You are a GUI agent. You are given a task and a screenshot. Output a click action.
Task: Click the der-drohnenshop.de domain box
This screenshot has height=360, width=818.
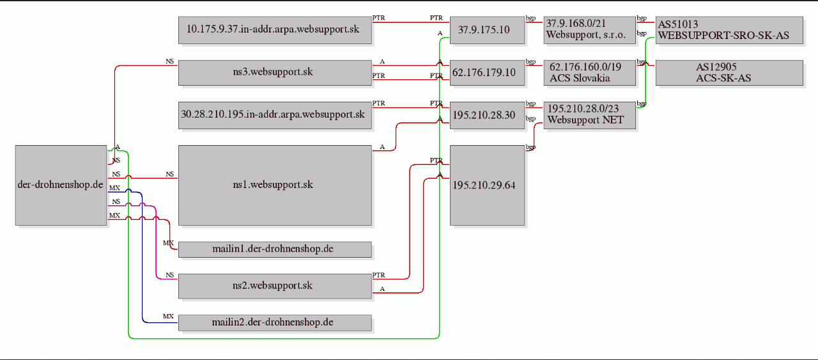61,185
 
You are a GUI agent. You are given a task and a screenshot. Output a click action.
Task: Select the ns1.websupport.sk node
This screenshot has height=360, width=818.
275,185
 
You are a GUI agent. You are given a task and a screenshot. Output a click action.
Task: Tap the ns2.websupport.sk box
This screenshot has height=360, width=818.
275,286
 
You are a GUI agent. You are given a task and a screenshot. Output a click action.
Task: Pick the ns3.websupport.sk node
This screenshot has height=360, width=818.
275,73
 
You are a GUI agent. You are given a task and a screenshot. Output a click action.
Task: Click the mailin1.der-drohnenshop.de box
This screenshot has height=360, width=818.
275,249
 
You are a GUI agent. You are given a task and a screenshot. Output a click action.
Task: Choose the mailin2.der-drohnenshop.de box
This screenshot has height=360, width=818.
275,323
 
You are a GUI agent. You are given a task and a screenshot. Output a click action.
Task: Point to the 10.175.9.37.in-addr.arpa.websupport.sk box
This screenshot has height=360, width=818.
275,30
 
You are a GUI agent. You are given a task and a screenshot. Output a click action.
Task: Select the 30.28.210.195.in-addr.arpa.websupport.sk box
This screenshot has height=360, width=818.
275,115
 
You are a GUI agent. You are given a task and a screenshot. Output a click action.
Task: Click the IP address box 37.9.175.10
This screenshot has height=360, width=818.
487,30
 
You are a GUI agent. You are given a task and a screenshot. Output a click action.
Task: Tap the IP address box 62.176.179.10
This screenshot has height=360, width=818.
487,73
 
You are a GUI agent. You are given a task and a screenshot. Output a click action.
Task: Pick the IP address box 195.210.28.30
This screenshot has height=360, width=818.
487,115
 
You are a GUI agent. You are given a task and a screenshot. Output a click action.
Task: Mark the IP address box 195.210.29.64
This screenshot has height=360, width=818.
487,185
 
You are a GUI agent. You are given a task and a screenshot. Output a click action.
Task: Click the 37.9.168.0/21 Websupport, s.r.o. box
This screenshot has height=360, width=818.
589,30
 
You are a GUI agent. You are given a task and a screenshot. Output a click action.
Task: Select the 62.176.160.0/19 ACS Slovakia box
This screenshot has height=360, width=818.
589,73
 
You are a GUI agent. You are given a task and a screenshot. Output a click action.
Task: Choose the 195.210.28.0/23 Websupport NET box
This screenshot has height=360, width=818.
589,115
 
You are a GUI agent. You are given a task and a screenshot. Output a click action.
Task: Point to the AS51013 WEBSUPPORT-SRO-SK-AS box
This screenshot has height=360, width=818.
729,30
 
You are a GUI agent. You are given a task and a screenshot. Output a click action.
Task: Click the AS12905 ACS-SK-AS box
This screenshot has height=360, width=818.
729,73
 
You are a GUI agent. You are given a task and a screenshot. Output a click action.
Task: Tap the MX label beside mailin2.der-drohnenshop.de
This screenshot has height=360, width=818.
168,316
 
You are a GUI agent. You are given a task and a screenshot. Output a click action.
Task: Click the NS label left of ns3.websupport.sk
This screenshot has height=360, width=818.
170,61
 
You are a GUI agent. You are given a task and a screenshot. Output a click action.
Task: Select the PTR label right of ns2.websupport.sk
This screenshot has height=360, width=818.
379,275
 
